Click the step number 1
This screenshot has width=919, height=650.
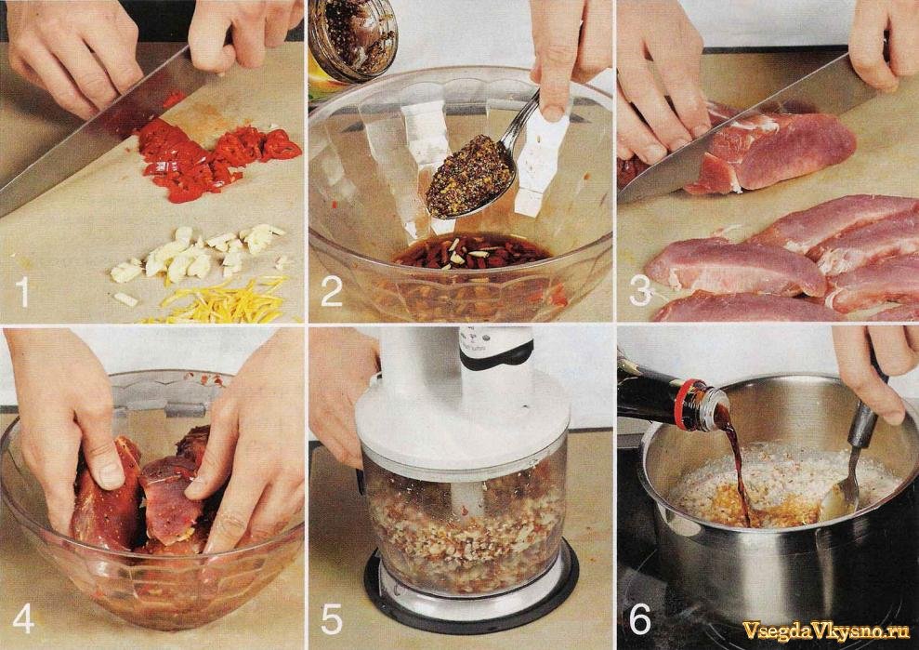[x=23, y=292]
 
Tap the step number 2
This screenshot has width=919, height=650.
[x=331, y=292]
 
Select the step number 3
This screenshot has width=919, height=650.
[x=640, y=292]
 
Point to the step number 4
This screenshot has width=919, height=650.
[x=23, y=619]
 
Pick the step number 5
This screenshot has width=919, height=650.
[x=332, y=619]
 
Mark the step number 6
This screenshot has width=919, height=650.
[x=640, y=619]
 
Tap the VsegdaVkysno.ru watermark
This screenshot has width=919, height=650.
[x=826, y=630]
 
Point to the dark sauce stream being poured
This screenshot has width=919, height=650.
[x=737, y=463]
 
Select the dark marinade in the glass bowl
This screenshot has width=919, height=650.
[x=472, y=251]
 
